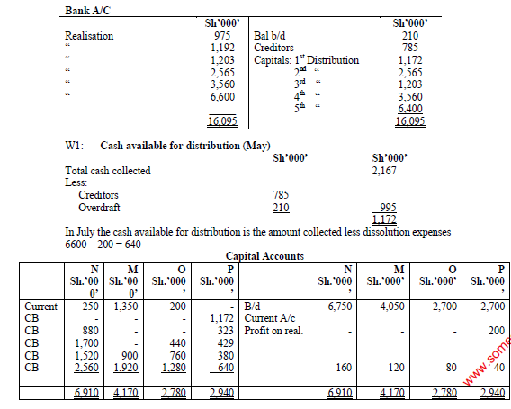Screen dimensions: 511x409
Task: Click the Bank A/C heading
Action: (93, 10)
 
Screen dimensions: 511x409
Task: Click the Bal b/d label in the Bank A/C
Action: (273, 36)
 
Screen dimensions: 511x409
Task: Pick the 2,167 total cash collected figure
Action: (387, 171)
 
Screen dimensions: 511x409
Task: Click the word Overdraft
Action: (99, 208)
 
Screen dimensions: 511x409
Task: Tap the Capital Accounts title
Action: (264, 256)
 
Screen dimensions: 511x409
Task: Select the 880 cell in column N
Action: (86, 330)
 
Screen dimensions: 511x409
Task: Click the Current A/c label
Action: (272, 318)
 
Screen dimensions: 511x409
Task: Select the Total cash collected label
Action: (108, 171)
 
